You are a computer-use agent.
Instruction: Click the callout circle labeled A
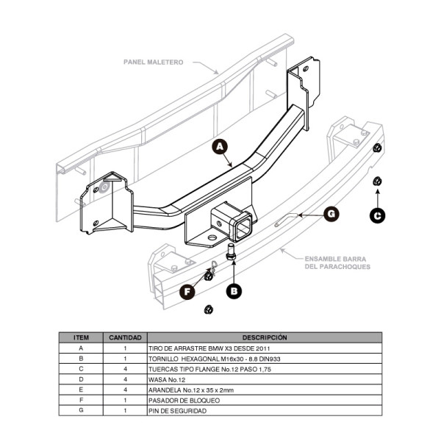click(x=218, y=147)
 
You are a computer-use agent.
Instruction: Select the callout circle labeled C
click(x=377, y=215)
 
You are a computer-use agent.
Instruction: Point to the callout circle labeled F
click(x=188, y=292)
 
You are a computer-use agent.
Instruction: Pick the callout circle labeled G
click(x=331, y=214)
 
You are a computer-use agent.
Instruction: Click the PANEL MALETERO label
click(x=154, y=62)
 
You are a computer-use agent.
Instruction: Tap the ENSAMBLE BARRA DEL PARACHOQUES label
click(x=336, y=262)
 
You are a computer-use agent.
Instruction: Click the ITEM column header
click(x=81, y=337)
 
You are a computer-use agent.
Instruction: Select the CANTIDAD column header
click(x=125, y=337)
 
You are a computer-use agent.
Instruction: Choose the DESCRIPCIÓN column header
click(x=265, y=337)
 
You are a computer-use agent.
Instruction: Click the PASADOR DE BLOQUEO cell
click(x=184, y=401)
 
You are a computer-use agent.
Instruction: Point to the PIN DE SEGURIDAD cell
click(x=177, y=411)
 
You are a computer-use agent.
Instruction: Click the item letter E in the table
click(x=81, y=390)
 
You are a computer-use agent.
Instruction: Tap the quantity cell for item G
click(x=125, y=411)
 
